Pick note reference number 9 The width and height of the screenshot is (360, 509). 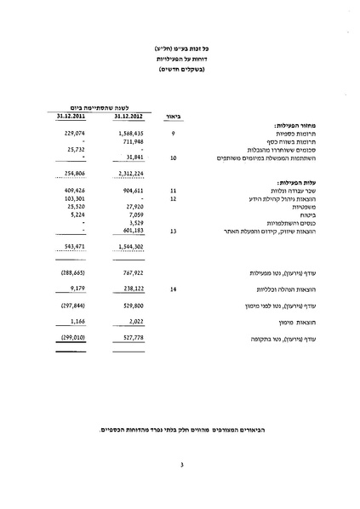(173, 134)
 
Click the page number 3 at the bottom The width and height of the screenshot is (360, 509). (181, 464)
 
